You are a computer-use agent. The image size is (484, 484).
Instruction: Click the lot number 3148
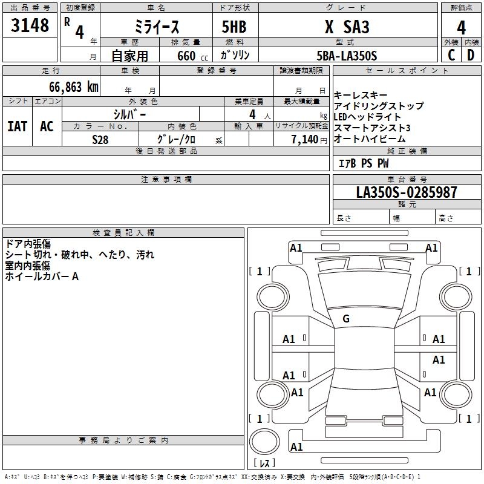(30, 26)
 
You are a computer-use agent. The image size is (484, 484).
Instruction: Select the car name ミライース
(157, 27)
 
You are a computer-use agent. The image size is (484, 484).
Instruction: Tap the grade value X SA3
(347, 27)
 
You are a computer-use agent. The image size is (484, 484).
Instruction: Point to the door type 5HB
(234, 27)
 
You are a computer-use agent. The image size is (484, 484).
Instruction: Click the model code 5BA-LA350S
(347, 56)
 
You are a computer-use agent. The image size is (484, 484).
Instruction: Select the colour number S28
(100, 139)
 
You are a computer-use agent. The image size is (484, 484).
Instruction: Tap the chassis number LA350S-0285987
(407, 192)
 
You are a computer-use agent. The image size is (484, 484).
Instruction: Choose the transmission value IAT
(17, 126)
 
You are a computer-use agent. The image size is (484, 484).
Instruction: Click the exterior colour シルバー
(129, 114)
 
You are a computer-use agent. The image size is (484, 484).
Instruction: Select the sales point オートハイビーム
(370, 139)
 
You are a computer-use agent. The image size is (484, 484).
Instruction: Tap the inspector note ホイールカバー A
(42, 276)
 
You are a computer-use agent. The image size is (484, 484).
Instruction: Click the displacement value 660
(186, 56)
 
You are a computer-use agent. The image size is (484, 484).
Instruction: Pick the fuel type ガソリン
(235, 55)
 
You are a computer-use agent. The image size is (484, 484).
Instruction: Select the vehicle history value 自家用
(129, 56)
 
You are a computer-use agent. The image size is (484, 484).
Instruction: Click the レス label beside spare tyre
(264, 463)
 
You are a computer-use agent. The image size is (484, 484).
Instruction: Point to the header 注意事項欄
(166, 180)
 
